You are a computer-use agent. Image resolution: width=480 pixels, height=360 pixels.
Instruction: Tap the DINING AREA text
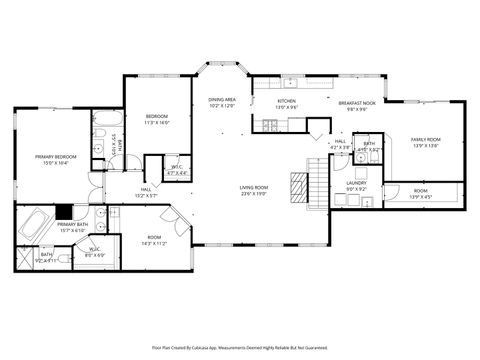coord(222,100)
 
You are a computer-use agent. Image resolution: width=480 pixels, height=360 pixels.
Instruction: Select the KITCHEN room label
coord(286,101)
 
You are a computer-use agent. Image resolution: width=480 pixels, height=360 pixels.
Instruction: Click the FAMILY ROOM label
coord(425,139)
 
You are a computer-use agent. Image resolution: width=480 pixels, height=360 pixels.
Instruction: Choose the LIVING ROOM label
coord(253,188)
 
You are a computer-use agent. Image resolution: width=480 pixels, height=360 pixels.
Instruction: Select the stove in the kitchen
coord(270,124)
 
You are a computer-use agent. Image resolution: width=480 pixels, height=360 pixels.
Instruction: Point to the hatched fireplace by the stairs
coord(298,185)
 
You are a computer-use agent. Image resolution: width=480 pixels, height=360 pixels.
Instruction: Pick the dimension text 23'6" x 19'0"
coord(253,194)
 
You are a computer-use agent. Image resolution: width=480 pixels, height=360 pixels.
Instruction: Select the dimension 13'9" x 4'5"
coord(420,196)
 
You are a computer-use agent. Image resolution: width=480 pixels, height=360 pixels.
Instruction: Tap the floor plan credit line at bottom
coord(240,348)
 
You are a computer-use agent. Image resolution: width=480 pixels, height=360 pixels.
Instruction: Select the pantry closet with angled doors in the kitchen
coord(318,128)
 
